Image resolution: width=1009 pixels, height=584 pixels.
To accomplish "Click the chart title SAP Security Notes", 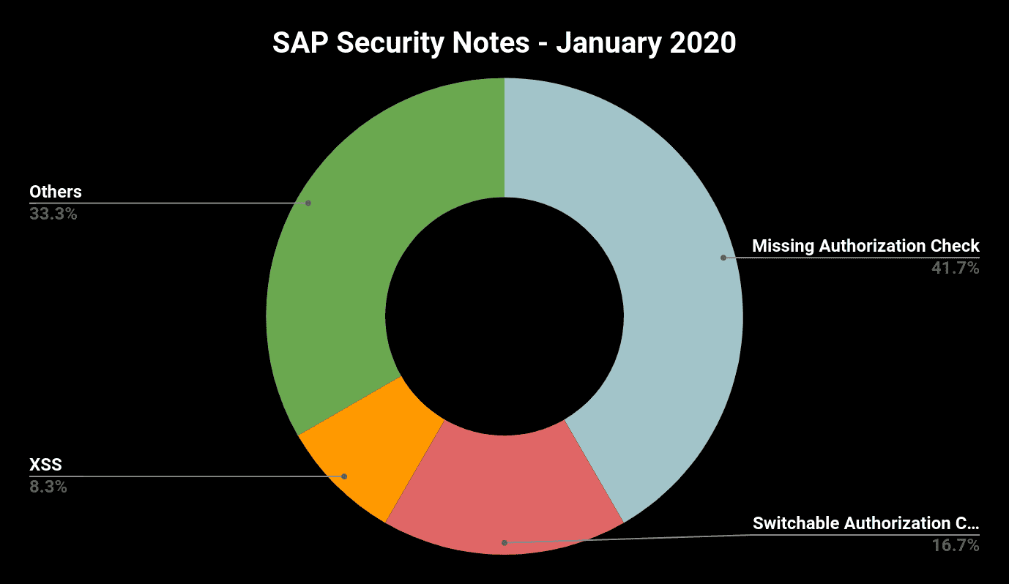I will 504,43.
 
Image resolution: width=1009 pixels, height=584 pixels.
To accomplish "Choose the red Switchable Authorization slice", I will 505,498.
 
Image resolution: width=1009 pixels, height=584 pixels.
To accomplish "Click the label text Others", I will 56,192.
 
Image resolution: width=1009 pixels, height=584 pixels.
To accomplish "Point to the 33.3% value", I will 53,214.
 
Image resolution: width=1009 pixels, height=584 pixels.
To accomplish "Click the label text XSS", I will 45,464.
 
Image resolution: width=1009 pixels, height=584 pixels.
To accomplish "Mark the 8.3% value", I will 48,486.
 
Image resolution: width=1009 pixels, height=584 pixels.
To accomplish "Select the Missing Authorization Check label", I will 865,246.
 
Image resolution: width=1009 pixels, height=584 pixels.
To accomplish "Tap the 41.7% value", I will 955,268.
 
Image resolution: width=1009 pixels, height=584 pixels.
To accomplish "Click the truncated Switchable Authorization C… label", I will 865,523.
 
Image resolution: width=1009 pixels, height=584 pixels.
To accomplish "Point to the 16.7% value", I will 955,545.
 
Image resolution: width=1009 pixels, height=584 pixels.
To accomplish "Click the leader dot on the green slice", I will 308,203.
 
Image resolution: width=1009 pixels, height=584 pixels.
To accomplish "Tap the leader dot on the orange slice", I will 344,476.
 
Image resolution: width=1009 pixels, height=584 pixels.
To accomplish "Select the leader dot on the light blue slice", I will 723,258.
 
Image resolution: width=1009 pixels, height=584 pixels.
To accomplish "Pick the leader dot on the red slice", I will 504,542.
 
